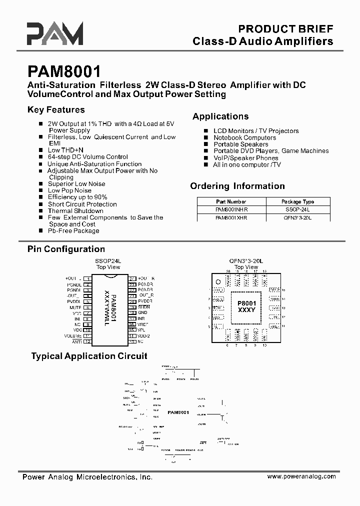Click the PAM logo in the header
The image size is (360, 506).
click(x=55, y=34)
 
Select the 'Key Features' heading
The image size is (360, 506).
click(x=56, y=110)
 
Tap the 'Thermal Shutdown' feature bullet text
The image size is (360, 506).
click(x=75, y=211)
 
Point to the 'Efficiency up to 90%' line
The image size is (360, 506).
click(x=77, y=197)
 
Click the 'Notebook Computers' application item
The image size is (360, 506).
click(x=244, y=137)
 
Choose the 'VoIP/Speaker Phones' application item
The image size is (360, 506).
click(x=245, y=157)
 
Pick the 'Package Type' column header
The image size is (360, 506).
click(x=298, y=201)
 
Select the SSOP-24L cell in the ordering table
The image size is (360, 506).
click(x=297, y=210)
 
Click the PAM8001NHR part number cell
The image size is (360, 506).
click(x=231, y=210)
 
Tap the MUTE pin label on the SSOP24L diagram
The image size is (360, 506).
click(x=75, y=307)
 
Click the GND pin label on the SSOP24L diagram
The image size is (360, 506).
click(x=142, y=312)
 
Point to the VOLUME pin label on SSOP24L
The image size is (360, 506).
click(x=73, y=336)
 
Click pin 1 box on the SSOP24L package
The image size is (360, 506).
click(x=87, y=278)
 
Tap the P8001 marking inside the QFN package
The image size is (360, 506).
click(x=246, y=303)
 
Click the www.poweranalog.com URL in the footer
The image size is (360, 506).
click(x=301, y=477)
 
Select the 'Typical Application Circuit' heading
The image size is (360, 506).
click(x=89, y=356)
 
